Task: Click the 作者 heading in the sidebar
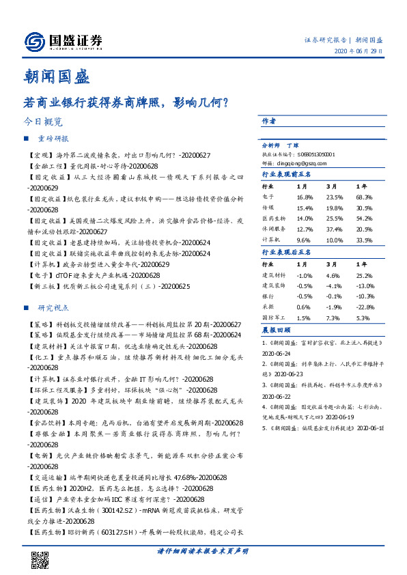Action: pos(269,121)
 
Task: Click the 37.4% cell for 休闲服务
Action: pos(333,229)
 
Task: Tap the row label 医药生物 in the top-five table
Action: pos(273,219)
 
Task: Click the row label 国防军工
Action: pos(273,318)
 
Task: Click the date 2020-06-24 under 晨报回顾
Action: pos(277,354)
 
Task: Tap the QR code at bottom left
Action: pos(41,560)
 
